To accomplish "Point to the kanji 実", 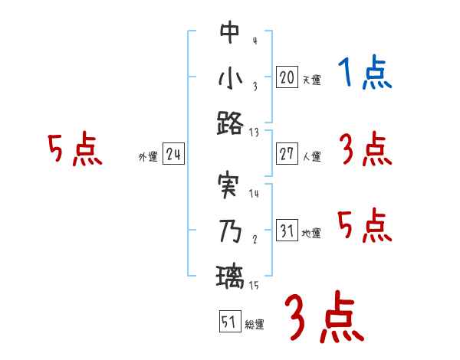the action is coord(229,186).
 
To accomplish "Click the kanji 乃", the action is coord(229,231).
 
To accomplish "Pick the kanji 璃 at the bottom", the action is coord(229,276).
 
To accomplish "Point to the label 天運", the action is coord(311,80).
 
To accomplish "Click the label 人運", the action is coord(311,156).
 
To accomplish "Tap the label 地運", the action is coord(311,234).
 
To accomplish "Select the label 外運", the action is coord(147,157).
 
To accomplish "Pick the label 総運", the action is coord(255,324).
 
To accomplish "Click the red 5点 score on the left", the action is coord(74,149).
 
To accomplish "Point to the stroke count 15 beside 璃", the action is coord(254,286).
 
